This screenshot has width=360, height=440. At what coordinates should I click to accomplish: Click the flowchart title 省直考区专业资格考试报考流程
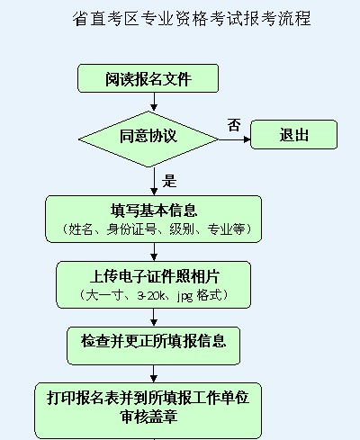(x=192, y=19)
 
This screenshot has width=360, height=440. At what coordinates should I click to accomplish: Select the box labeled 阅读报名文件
(x=148, y=78)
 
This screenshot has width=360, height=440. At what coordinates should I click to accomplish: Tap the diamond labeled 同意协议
(x=148, y=139)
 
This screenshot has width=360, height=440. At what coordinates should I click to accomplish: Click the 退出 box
(x=293, y=135)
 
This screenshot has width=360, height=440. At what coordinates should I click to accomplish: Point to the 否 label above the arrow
(x=234, y=125)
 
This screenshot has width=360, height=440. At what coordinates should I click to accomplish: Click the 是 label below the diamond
(x=169, y=181)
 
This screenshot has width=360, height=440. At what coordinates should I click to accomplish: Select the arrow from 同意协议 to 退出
(x=234, y=139)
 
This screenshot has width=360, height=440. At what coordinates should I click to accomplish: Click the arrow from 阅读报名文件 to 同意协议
(x=154, y=102)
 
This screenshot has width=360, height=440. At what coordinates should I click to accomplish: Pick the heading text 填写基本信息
(x=154, y=211)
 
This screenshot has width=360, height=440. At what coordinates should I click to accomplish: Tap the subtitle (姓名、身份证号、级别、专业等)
(x=156, y=229)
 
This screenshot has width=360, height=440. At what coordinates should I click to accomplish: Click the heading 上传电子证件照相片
(x=155, y=276)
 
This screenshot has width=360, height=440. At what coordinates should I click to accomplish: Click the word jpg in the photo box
(x=184, y=296)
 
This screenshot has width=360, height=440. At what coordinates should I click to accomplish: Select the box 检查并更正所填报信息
(x=153, y=346)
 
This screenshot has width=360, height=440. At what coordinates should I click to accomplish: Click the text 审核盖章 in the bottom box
(x=149, y=417)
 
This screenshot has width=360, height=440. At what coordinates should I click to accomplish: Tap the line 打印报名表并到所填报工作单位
(x=148, y=398)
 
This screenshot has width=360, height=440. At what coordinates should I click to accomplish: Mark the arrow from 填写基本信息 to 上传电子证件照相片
(x=154, y=252)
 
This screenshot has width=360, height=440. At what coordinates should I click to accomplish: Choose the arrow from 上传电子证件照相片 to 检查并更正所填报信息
(x=154, y=318)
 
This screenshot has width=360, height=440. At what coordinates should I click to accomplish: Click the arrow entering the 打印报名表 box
(x=154, y=373)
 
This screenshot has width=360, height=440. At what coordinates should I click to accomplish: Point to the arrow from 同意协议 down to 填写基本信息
(x=154, y=181)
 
